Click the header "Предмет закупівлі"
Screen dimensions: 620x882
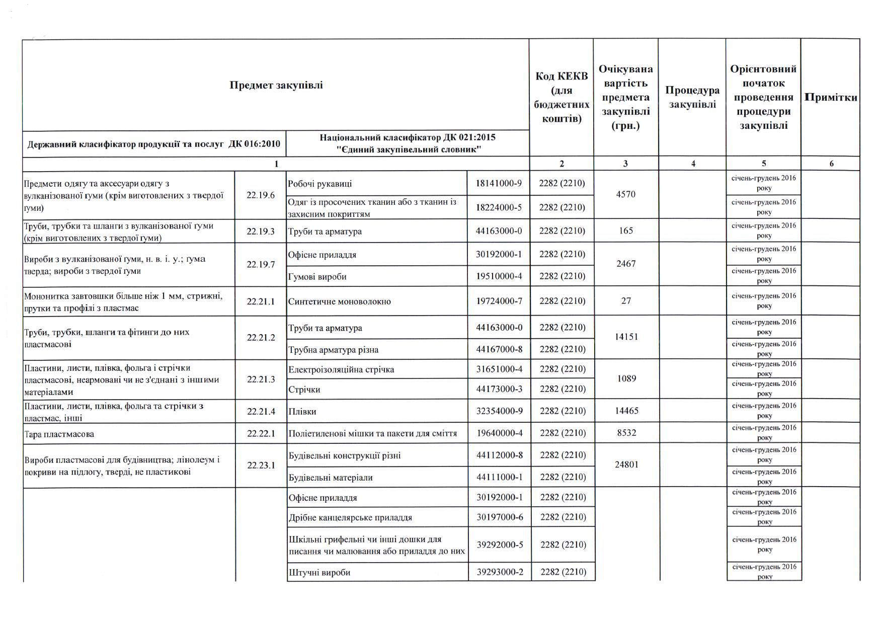point(276,85)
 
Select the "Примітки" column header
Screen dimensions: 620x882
point(831,97)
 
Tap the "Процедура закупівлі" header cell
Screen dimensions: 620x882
point(692,97)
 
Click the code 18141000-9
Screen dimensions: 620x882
point(499,183)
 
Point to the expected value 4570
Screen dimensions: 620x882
point(625,194)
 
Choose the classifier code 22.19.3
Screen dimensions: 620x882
point(261,231)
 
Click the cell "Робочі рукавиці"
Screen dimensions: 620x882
point(320,184)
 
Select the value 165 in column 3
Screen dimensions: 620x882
point(626,231)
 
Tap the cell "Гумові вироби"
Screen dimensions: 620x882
point(317,277)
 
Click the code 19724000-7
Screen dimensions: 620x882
point(499,301)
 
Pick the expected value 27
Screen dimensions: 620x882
point(626,301)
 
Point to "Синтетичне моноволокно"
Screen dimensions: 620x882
point(340,301)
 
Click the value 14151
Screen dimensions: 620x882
point(626,337)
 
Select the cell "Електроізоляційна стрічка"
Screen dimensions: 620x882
point(341,369)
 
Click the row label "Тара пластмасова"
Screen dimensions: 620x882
point(59,434)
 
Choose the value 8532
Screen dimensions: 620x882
point(626,433)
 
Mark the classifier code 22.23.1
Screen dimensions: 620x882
point(261,466)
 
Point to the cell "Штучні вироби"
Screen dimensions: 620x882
point(319,572)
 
